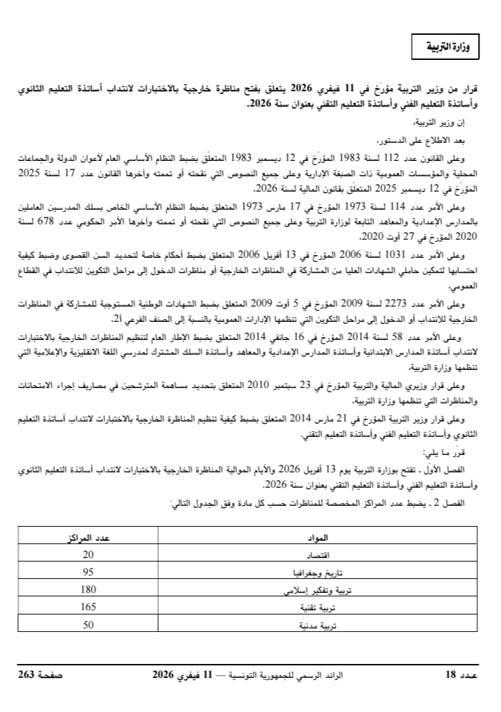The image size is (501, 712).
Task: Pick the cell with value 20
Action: pos(88,555)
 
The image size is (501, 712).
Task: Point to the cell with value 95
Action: pos(88,573)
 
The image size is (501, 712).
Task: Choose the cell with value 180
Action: pos(88,590)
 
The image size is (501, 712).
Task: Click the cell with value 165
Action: pos(88,607)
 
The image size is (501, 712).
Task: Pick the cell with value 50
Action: pos(88,625)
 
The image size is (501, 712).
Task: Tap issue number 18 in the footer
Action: pos(451,674)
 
